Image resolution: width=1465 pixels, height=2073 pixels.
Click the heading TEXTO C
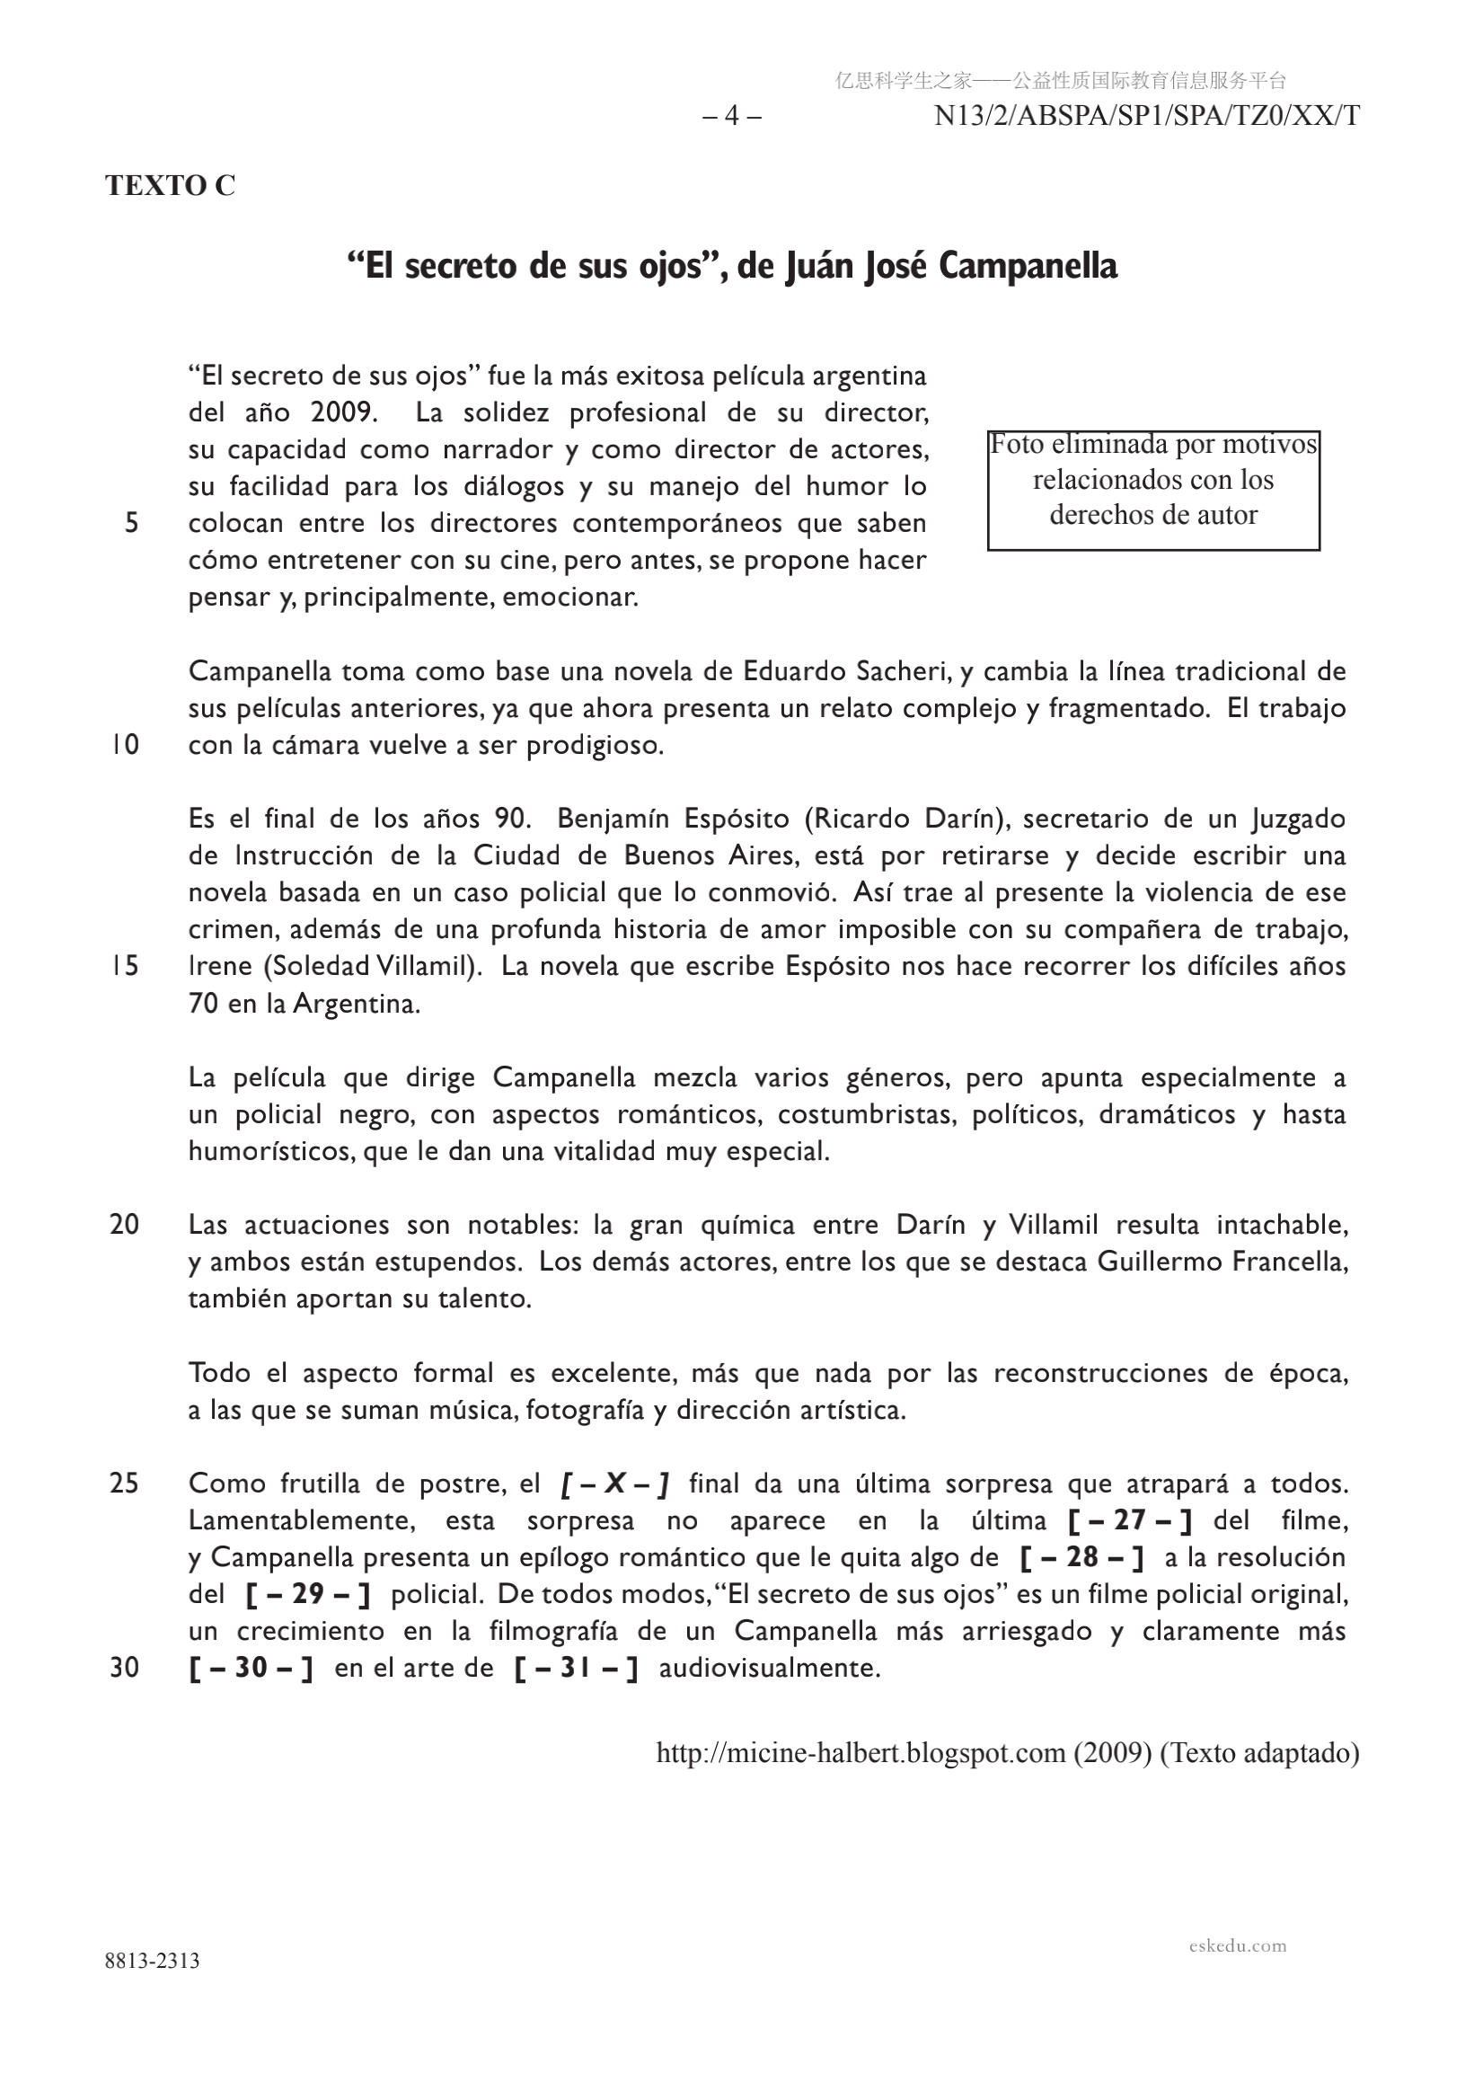(x=170, y=185)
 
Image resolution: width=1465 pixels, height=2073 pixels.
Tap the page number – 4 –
(x=731, y=117)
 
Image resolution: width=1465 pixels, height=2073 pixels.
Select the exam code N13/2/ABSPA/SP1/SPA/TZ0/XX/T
(x=1146, y=117)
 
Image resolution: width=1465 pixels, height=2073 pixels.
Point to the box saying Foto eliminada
(x=1152, y=491)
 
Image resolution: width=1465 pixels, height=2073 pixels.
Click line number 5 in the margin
(x=132, y=523)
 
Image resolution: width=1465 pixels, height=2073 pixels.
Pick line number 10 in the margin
(x=126, y=745)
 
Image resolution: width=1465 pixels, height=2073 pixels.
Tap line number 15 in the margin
(x=126, y=966)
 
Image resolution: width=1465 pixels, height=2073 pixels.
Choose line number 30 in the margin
(x=125, y=1668)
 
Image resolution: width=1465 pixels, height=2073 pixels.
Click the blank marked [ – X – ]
(x=613, y=1484)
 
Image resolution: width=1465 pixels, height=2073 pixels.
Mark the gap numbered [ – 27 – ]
(x=1129, y=1520)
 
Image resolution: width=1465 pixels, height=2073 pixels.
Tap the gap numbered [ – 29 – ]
(x=308, y=1594)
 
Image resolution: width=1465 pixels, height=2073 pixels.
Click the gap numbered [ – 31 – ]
(x=576, y=1668)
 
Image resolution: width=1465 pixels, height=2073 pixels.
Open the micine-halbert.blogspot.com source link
(x=860, y=1752)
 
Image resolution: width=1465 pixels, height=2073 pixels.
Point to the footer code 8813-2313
(x=152, y=1960)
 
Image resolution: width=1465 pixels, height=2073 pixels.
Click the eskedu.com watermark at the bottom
(x=1238, y=1945)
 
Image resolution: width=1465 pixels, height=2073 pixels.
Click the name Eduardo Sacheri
(x=844, y=671)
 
